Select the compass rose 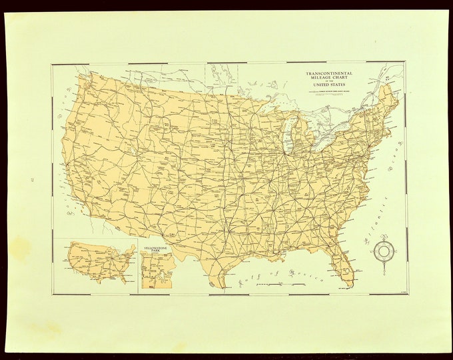(384, 251)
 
